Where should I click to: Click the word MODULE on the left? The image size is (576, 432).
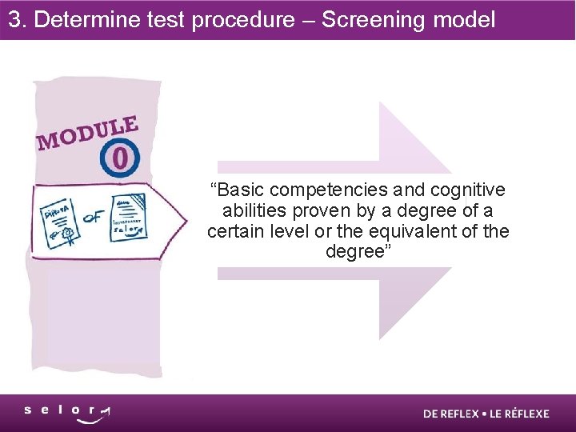88,133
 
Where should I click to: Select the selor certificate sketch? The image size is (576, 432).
128,216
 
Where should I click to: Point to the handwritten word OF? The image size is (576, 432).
94,215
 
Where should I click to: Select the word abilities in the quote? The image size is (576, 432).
250,211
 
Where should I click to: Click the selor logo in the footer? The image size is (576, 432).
67,413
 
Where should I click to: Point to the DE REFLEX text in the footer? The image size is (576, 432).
451,414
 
